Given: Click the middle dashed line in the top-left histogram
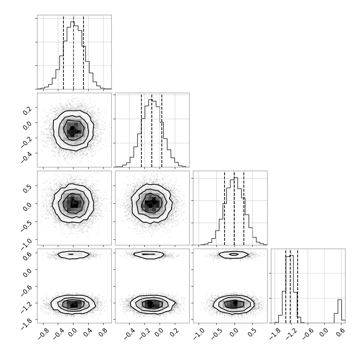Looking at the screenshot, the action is (x=73, y=52).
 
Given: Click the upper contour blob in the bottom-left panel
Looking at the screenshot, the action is (x=73, y=254).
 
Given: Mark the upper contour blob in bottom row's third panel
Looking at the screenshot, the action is (x=233, y=255).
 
